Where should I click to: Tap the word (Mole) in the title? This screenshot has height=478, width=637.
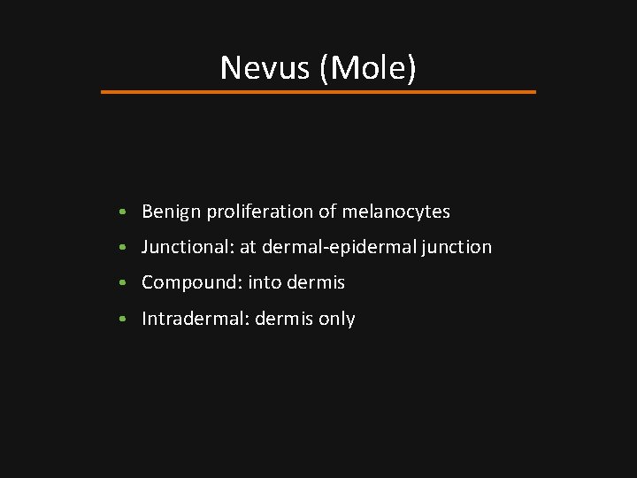coord(368,67)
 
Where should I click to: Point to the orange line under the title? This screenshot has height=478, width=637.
coord(318,91)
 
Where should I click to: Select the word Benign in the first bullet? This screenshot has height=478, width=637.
coord(171,212)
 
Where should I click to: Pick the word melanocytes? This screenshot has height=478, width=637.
coord(396,212)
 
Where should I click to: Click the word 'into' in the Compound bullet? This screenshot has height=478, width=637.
coord(265,283)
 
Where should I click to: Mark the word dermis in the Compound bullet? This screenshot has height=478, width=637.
coord(316,283)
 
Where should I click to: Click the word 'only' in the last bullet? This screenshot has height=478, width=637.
coord(337,319)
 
